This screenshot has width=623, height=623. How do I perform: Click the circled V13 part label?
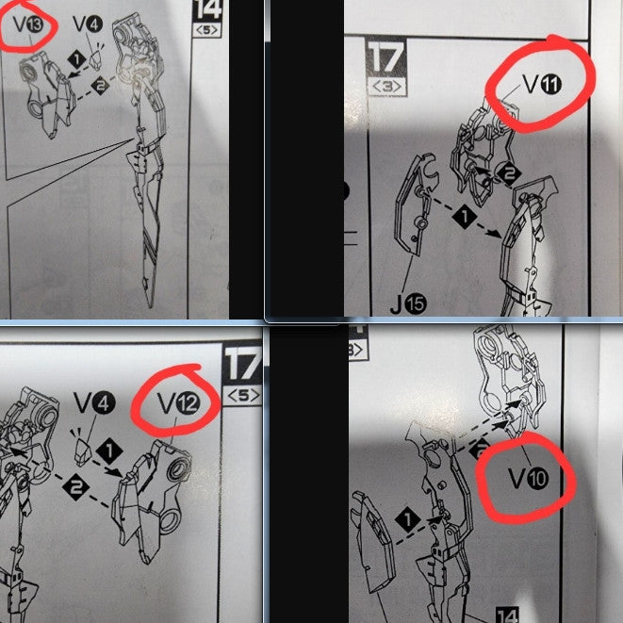[28, 25]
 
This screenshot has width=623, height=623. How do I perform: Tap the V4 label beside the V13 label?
[88, 25]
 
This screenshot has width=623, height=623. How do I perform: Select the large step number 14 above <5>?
[207, 10]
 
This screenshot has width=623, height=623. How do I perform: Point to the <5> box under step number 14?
[206, 30]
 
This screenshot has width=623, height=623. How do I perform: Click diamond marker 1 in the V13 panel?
[76, 60]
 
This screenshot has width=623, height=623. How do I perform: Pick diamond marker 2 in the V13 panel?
[100, 86]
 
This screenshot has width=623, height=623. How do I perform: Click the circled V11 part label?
[542, 84]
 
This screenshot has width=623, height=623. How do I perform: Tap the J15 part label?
[408, 304]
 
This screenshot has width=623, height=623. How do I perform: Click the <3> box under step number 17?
[387, 87]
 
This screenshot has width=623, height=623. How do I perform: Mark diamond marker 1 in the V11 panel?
[465, 217]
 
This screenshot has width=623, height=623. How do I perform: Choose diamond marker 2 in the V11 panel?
[509, 173]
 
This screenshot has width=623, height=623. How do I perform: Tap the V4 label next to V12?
[94, 402]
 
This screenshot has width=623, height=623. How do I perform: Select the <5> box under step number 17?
[243, 396]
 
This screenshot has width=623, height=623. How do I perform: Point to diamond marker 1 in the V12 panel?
[109, 451]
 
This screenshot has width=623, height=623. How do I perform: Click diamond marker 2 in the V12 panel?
[75, 487]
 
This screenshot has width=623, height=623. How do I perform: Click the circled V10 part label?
[529, 478]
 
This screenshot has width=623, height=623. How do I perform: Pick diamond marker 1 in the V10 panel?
[408, 520]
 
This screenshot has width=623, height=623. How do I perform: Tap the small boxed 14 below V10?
[508, 615]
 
